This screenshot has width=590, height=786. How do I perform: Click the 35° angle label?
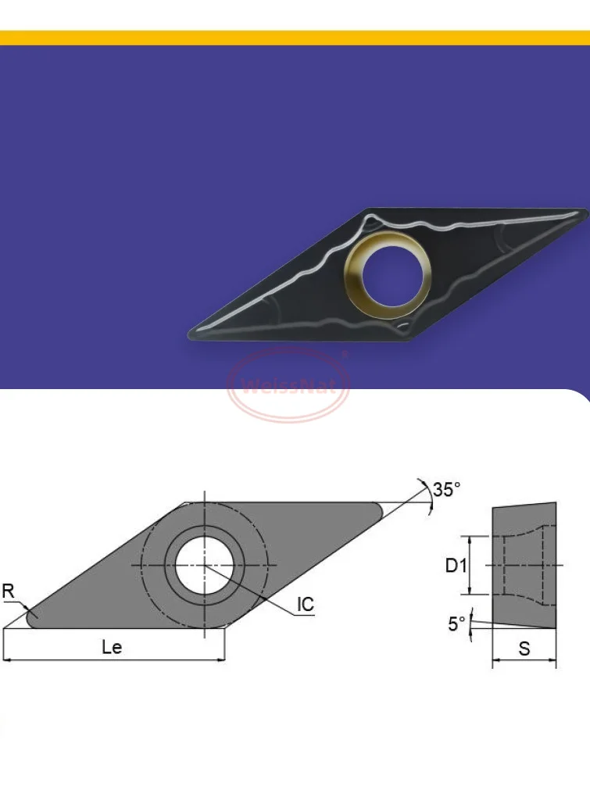click(447, 490)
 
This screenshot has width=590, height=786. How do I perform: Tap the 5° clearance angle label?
click(456, 623)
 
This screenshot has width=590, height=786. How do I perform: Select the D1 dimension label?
click(456, 565)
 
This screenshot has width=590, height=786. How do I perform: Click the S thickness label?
click(524, 648)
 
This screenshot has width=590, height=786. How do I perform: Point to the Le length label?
click(112, 647)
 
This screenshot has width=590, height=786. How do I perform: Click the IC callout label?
click(305, 604)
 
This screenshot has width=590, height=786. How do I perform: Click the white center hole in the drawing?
click(204, 565)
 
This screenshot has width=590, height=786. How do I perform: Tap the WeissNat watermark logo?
click(288, 385)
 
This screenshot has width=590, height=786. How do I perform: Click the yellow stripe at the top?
click(295, 38)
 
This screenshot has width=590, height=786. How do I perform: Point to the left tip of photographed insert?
click(192, 334)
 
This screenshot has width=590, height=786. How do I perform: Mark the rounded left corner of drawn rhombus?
click(33, 618)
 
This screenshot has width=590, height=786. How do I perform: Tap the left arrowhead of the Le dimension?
click(7, 661)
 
